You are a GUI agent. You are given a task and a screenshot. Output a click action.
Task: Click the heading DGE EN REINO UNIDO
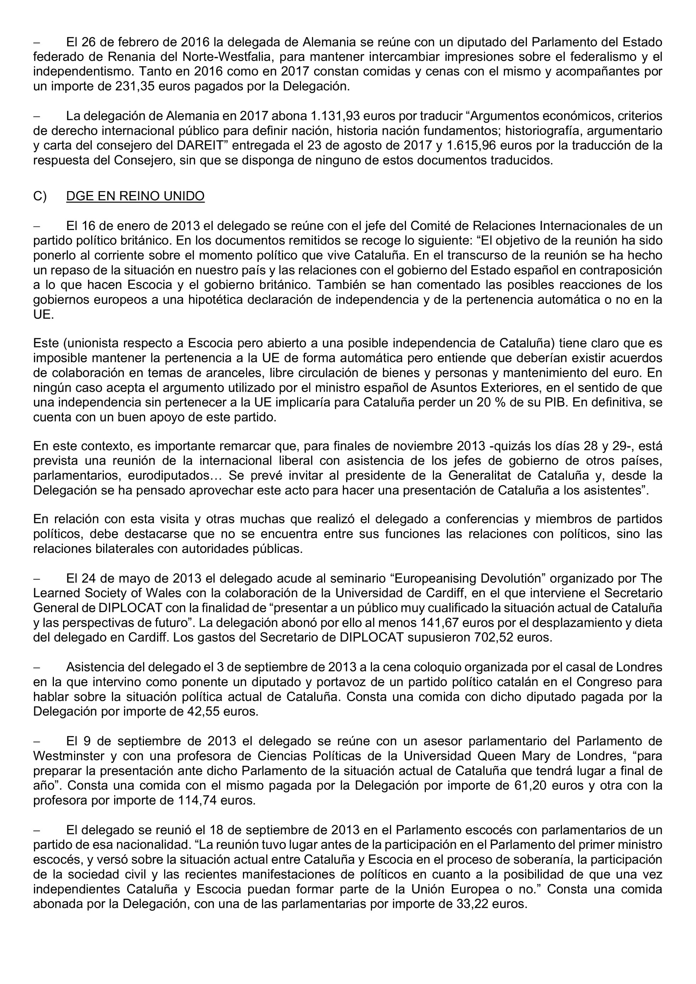[x=135, y=196]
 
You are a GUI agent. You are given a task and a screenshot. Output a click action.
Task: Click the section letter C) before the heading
[x=39, y=196]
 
